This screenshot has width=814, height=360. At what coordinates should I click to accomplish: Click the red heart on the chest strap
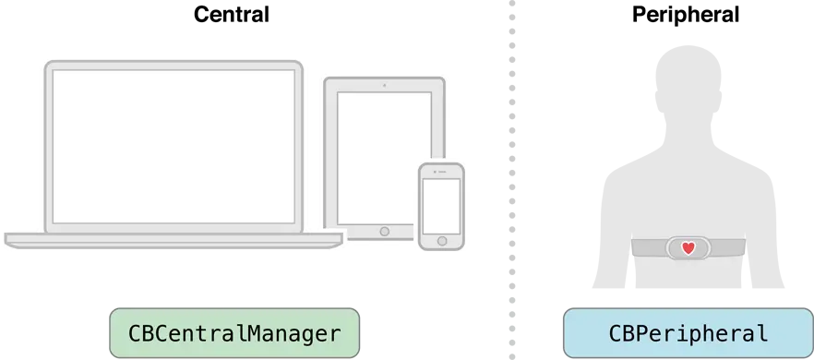[x=688, y=248]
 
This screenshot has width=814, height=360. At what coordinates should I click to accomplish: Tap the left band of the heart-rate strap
[x=648, y=248]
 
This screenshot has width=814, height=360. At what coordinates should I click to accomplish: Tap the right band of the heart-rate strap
[x=727, y=248]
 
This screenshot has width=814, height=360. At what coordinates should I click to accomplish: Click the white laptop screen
[x=174, y=145]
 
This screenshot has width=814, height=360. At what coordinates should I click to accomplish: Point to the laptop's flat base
[x=174, y=239]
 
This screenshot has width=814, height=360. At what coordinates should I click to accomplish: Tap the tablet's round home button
[x=384, y=231]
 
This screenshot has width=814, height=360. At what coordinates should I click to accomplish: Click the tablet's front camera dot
[x=384, y=86]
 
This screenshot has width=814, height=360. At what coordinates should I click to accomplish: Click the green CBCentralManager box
[x=234, y=333]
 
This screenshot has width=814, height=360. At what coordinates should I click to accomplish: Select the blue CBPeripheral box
[x=688, y=333]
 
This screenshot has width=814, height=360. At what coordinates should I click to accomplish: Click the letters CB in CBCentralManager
[x=141, y=333]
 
